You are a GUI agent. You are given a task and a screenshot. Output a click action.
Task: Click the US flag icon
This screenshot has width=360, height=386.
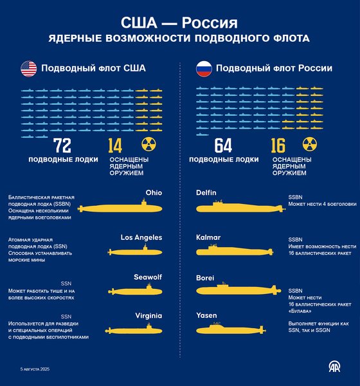(28, 69)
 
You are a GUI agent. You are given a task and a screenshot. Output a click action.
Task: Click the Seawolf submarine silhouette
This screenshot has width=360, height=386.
(135, 289)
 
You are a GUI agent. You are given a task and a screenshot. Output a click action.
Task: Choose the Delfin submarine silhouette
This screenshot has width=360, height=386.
(229, 207)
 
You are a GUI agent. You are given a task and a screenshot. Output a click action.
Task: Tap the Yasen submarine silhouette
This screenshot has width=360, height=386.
(228, 329)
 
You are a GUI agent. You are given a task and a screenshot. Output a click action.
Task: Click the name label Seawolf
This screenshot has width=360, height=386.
(147, 277)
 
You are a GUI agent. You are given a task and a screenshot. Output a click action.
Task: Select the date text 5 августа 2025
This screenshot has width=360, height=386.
(35, 369)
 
